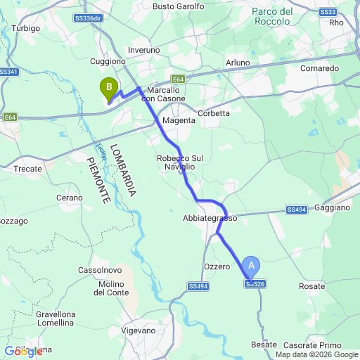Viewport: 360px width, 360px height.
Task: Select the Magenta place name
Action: tap(178, 121)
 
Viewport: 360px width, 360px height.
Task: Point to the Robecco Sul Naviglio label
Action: tap(175, 162)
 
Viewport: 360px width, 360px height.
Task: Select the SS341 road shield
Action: tap(8, 72)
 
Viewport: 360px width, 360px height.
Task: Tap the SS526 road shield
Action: tap(255, 284)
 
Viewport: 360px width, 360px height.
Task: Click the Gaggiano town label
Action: tap(333, 208)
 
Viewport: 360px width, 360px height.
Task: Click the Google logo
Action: tap(23, 351)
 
